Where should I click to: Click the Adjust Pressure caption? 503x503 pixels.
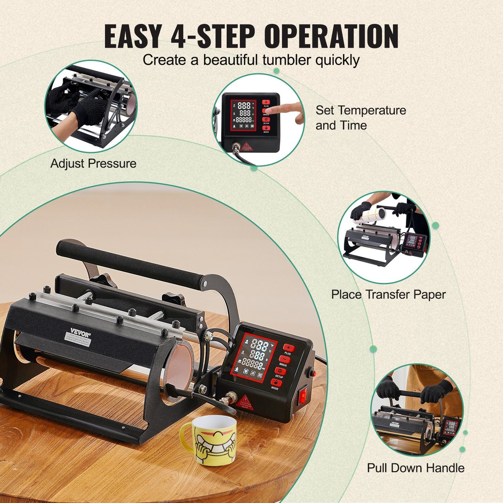93,163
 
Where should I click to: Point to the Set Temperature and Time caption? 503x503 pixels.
361,118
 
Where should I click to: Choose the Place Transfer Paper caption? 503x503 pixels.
388,295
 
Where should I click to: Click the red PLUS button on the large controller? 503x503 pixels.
289,348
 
